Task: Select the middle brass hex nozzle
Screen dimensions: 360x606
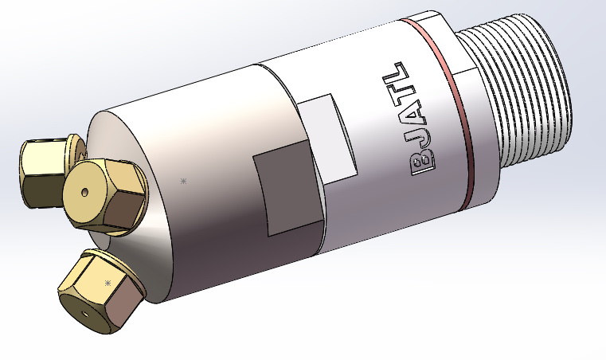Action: (x=104, y=195)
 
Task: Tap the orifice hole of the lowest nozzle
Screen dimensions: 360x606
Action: (x=84, y=313)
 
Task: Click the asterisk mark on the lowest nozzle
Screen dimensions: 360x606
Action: (x=108, y=283)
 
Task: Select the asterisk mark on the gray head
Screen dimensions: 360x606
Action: (x=184, y=182)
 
